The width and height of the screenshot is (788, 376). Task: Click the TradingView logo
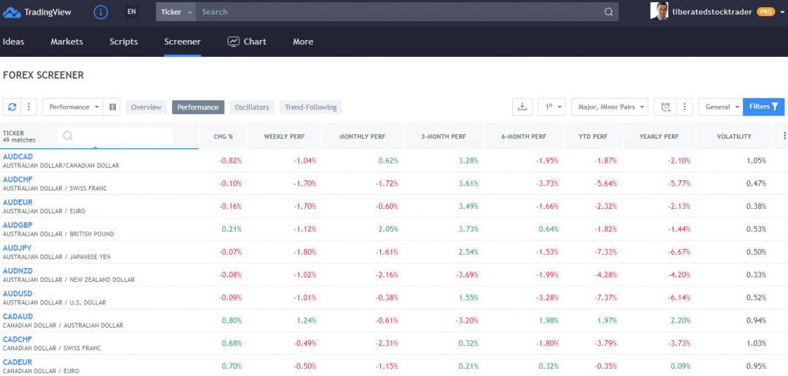pos(36,12)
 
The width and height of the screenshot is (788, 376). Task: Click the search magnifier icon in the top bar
pos(609,12)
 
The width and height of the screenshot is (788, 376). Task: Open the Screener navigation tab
pos(182,42)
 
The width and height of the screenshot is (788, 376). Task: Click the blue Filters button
pos(763,107)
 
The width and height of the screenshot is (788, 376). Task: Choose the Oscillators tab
pos(252,107)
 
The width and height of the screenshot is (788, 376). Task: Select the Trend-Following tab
pos(311,107)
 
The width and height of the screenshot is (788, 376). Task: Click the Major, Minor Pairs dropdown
pos(611,107)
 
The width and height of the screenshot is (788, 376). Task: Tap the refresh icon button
pos(12,107)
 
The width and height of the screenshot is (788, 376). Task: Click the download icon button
pos(522,107)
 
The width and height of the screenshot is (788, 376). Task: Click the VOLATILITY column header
pos(733,137)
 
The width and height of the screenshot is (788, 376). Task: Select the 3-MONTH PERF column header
pos(443,137)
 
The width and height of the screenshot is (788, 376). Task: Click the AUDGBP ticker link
pos(18,225)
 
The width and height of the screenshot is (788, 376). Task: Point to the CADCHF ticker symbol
pos(18,339)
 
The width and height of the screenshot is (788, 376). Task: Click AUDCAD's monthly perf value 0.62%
pos(388,161)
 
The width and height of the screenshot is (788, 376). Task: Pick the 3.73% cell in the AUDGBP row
pos(468,229)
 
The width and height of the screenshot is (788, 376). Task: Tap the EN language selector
pos(131,12)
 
